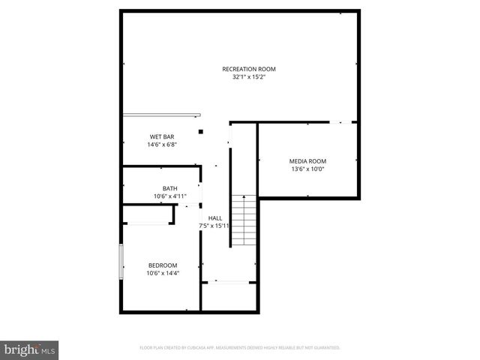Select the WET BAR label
(x=162, y=136)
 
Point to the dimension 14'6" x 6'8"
(x=162, y=145)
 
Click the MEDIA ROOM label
(x=307, y=160)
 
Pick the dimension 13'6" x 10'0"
(x=307, y=169)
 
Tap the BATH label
(x=169, y=188)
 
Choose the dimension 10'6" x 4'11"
(x=169, y=196)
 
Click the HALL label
(x=214, y=217)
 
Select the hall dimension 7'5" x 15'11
(x=214, y=226)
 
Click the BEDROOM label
(x=162, y=265)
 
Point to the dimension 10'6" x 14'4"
(x=162, y=273)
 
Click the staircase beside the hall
(x=242, y=221)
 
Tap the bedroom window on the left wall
(x=121, y=262)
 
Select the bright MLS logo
(x=29, y=349)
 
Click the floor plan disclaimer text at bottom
(x=240, y=348)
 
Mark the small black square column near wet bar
(x=201, y=132)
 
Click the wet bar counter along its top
(x=162, y=115)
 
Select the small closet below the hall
(x=229, y=296)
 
